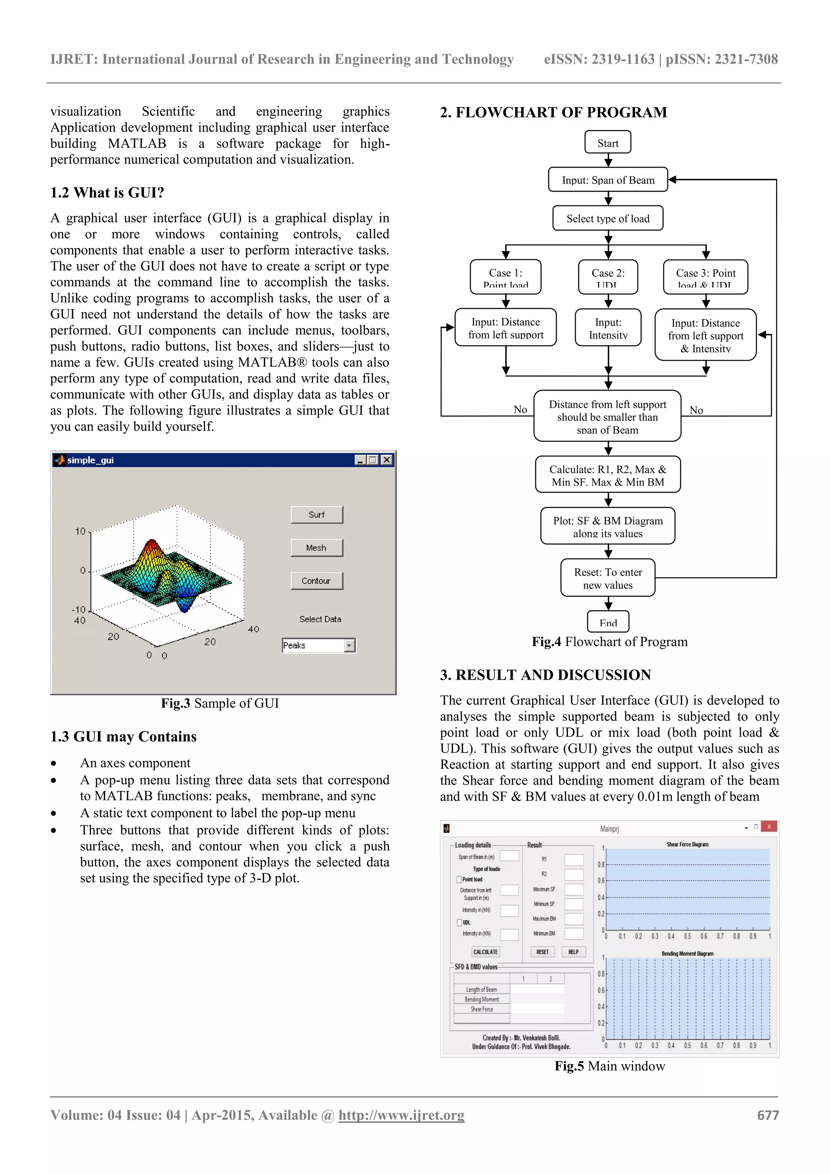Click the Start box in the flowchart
(x=608, y=143)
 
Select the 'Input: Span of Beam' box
(x=608, y=180)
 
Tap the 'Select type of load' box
(x=608, y=219)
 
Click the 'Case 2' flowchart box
(x=608, y=277)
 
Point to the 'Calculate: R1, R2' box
(x=608, y=475)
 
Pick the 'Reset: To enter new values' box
(x=608, y=578)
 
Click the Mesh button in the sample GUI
(x=317, y=547)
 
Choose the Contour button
(x=317, y=581)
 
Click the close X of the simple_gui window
(x=387, y=460)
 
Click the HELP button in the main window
(x=573, y=952)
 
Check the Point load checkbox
(x=459, y=879)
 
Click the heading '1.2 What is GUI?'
(x=107, y=193)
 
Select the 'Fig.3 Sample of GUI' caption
(x=220, y=704)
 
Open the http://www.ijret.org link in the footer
(x=402, y=1115)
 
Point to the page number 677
(x=768, y=1115)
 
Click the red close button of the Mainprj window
(x=769, y=827)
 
